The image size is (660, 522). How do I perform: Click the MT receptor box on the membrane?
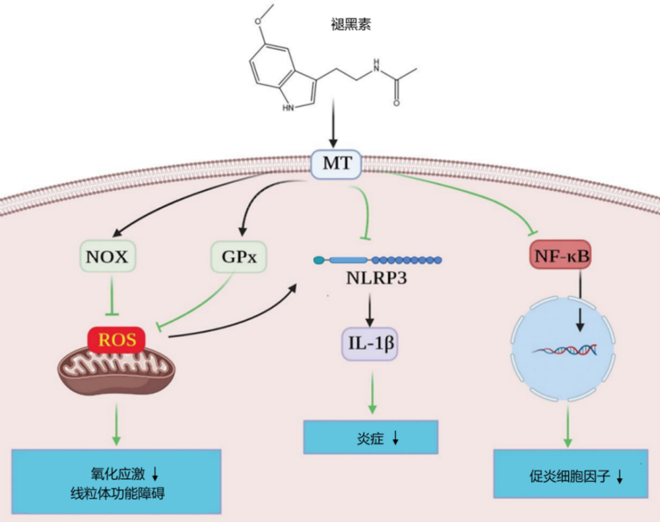pos(336,163)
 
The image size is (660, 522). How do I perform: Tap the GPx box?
pos(239,256)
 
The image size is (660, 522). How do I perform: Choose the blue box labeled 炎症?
pos(371,437)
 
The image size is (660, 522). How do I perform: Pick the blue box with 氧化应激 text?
pos(115,482)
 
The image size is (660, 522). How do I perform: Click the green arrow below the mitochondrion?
pos(116,423)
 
